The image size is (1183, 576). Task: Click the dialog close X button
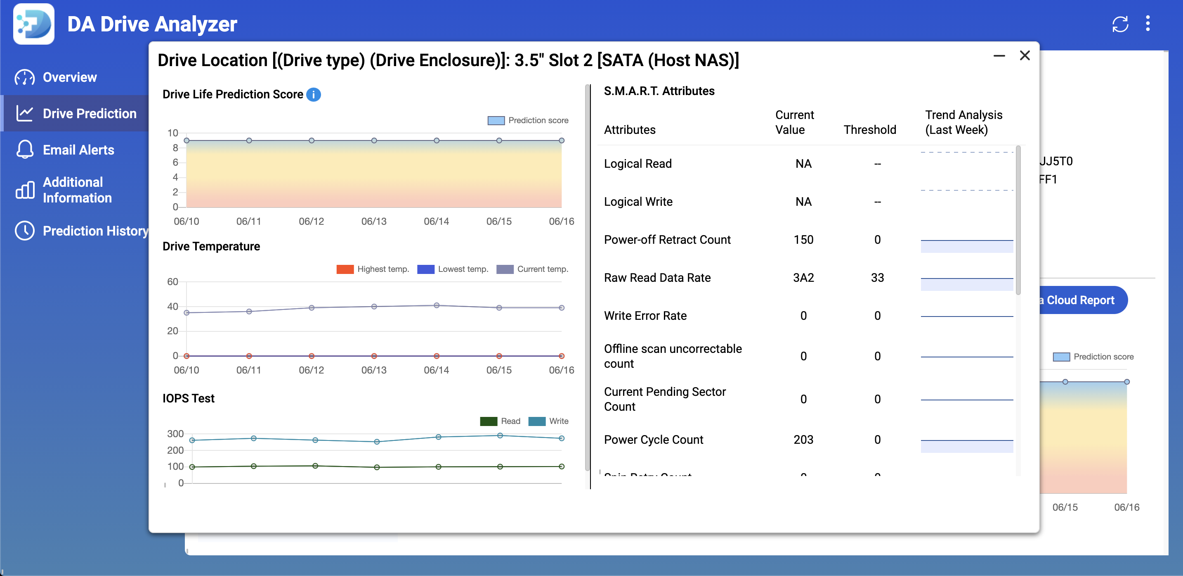click(x=1025, y=56)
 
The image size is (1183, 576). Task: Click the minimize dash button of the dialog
click(x=999, y=56)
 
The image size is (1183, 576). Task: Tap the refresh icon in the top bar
click(x=1120, y=24)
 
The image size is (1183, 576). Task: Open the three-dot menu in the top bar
click(x=1148, y=24)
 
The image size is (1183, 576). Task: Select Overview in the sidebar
click(x=70, y=77)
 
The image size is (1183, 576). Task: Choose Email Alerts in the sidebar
click(x=78, y=150)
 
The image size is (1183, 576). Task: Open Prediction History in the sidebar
click(x=95, y=231)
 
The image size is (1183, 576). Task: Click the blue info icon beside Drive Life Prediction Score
click(x=314, y=94)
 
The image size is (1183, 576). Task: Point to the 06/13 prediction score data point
click(x=374, y=140)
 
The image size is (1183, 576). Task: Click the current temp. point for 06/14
click(x=436, y=305)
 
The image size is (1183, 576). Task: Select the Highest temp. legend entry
click(x=373, y=269)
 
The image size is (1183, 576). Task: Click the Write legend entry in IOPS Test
click(x=548, y=421)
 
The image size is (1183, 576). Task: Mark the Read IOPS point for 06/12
click(x=315, y=466)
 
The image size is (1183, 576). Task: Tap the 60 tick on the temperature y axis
click(x=172, y=282)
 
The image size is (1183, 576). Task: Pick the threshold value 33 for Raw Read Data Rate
click(x=877, y=278)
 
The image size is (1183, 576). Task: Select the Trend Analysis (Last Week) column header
click(x=963, y=122)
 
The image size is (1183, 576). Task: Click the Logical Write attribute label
click(x=638, y=202)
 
